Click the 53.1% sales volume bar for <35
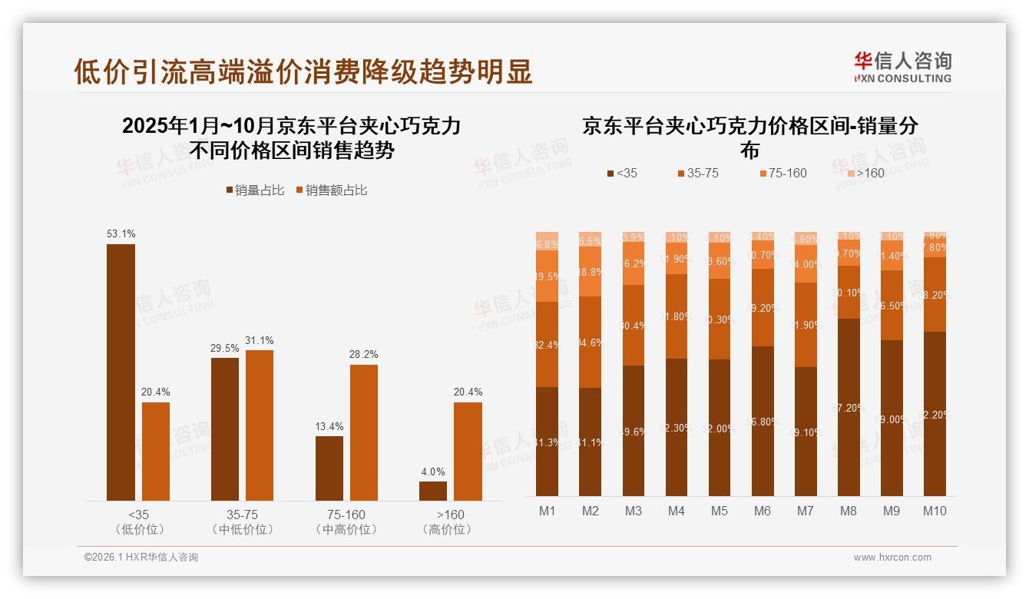(x=121, y=372)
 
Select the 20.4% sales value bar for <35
(x=156, y=452)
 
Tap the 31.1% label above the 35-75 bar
(x=260, y=341)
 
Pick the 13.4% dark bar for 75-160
(x=329, y=468)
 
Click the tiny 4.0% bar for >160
(x=432, y=491)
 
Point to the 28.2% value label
(x=364, y=355)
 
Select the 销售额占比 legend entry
(x=331, y=190)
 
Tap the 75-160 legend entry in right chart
(x=782, y=174)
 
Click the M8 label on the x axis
(x=849, y=511)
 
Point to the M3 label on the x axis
(x=634, y=511)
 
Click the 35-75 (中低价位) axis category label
(x=243, y=522)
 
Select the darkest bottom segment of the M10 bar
(x=935, y=415)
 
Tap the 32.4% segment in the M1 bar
(x=547, y=345)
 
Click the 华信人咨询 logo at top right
(x=902, y=67)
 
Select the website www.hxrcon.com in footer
(x=892, y=558)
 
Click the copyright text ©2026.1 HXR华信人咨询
(x=141, y=558)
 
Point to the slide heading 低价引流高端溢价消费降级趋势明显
(x=303, y=71)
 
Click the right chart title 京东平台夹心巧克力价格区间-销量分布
(x=749, y=137)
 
